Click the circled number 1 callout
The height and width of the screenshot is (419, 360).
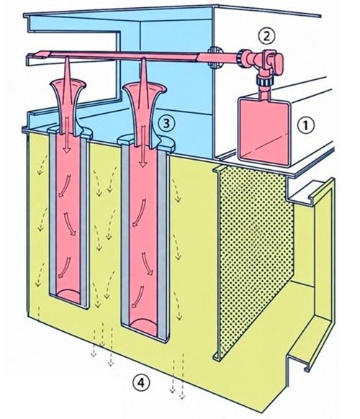click(x=306, y=125)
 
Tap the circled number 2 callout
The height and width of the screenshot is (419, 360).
click(x=266, y=36)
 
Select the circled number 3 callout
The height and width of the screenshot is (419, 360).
click(x=166, y=123)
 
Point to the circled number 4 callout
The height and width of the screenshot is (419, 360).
click(x=141, y=383)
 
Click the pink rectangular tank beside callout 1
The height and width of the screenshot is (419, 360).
click(x=264, y=131)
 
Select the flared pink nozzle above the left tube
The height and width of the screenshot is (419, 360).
click(x=68, y=107)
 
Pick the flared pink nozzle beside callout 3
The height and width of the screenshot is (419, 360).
click(x=143, y=114)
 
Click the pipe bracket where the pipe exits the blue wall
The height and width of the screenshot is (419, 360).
click(x=214, y=57)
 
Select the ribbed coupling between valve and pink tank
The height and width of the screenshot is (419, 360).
click(x=264, y=81)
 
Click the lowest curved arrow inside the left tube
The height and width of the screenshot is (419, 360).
click(x=64, y=267)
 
